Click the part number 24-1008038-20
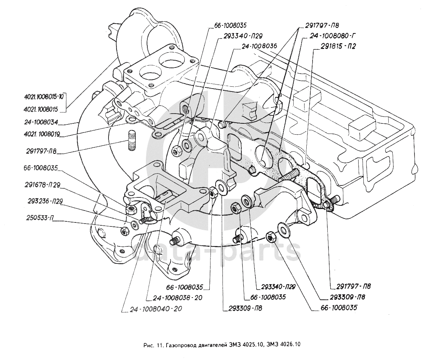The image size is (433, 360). coord(177,298)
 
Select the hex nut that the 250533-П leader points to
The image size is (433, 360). coord(123,230)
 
